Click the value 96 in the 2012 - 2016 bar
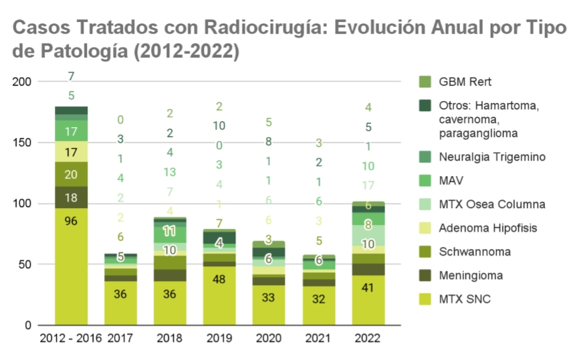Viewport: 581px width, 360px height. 72,220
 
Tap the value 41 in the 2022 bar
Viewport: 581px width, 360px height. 367,287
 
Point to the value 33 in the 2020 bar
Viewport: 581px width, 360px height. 269,297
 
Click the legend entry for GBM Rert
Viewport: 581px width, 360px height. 465,82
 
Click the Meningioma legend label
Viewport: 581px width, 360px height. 471,275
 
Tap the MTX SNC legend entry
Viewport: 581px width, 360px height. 465,299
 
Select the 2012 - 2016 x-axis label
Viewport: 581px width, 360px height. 71,339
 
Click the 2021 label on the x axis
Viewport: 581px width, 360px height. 318,339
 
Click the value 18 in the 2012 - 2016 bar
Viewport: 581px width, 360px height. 72,197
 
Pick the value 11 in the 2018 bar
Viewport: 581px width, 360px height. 170,232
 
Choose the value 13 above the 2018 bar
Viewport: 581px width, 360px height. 170,172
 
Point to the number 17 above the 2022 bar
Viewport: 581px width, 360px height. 367,185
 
